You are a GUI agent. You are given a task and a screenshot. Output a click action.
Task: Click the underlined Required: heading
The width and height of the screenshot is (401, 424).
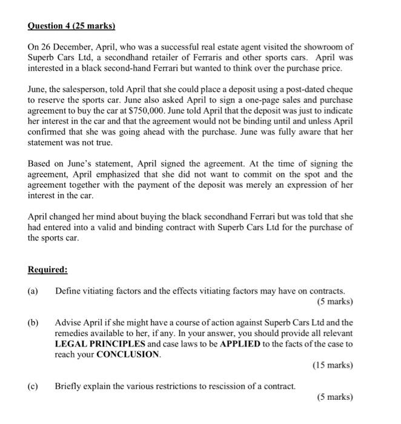48,270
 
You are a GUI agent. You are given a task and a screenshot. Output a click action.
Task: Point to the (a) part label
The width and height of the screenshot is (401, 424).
34,291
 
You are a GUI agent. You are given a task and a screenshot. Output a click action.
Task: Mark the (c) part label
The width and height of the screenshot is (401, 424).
34,386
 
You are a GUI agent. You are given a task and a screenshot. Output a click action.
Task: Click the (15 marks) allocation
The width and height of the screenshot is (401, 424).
333,365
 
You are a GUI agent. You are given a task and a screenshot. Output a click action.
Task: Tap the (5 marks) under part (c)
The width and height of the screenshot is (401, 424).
334,397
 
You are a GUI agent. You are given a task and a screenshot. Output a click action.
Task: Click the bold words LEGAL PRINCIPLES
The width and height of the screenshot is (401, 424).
99,344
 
